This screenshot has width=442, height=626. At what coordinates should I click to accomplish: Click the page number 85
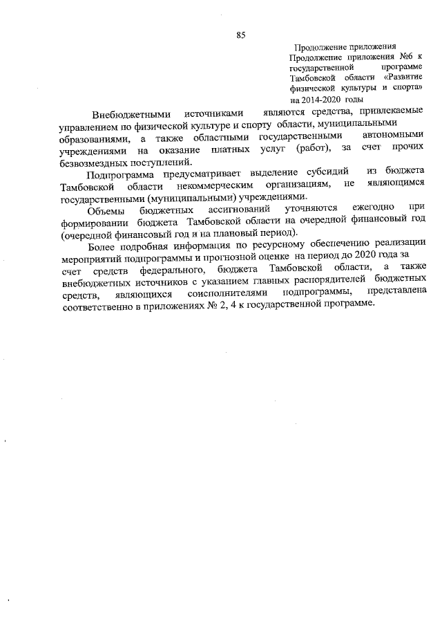point(241,35)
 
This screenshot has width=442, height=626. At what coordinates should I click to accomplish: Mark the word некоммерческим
point(218,185)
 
